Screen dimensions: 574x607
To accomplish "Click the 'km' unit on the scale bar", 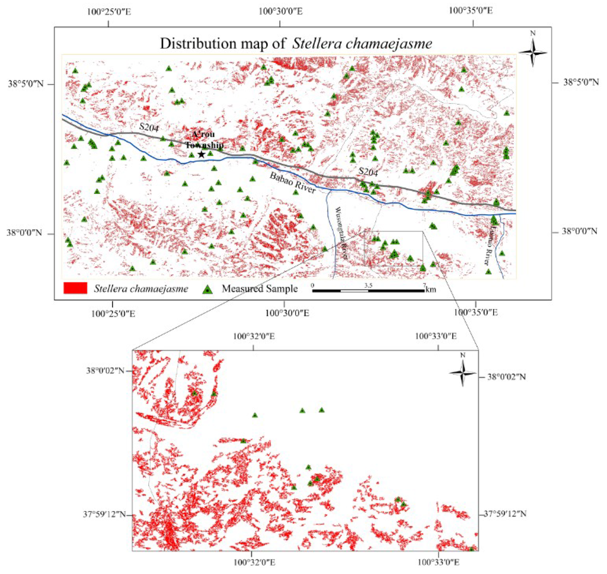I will [431, 290].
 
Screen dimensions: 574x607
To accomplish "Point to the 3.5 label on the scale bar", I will [368, 285].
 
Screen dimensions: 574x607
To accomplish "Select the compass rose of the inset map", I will [462, 372].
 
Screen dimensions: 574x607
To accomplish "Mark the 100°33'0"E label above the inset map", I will [436, 336].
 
